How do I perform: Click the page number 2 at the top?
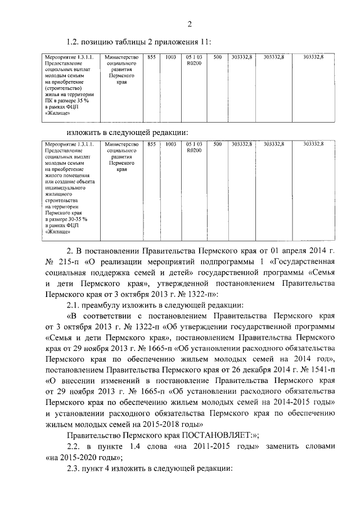[190, 24]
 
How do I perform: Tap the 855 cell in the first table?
[151, 57]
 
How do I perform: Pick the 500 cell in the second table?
[217, 145]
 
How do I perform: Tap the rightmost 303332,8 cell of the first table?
[313, 57]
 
